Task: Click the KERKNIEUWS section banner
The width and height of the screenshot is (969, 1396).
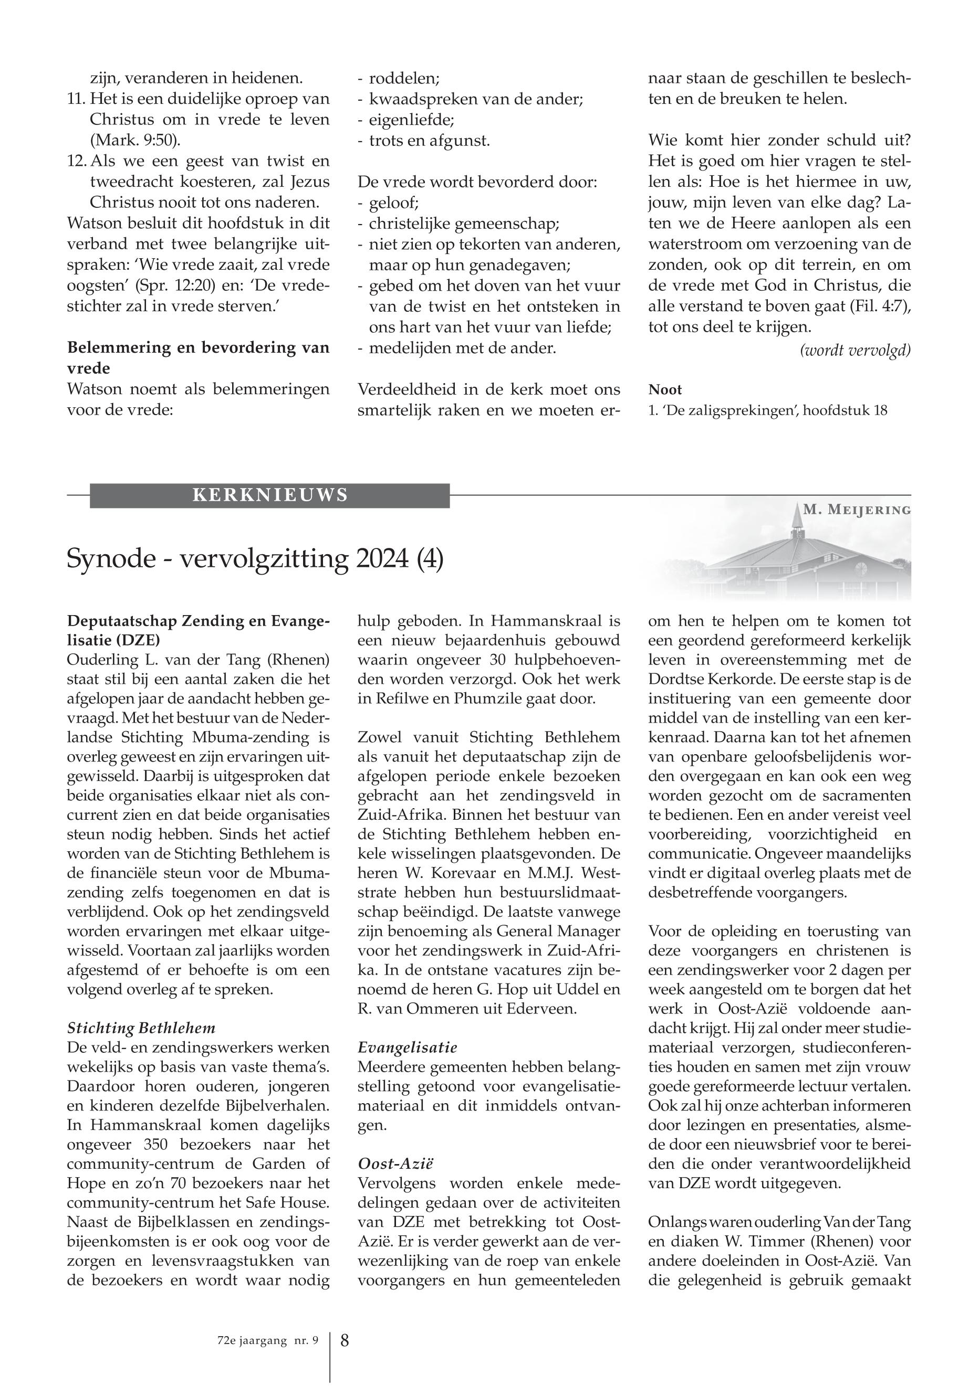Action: (x=269, y=495)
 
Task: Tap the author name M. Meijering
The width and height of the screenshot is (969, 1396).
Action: (x=857, y=510)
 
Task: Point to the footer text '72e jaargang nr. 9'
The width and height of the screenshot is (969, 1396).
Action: (x=267, y=1341)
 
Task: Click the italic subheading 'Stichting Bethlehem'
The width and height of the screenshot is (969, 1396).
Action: (x=141, y=1028)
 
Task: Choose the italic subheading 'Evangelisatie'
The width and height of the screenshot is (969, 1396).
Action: (x=408, y=1047)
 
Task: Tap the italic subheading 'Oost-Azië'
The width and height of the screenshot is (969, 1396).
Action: (x=398, y=1164)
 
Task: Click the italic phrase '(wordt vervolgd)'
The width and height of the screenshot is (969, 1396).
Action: (x=856, y=350)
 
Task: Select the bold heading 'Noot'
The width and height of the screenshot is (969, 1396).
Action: (x=665, y=389)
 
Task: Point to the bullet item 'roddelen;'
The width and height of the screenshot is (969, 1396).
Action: (x=404, y=78)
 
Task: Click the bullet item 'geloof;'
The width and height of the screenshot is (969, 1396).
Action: (x=394, y=203)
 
